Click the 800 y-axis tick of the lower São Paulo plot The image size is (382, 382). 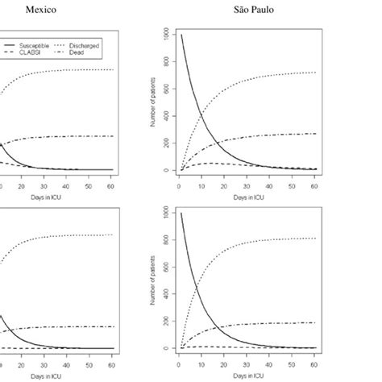[165, 240]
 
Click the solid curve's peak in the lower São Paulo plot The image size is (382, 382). [181, 213]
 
